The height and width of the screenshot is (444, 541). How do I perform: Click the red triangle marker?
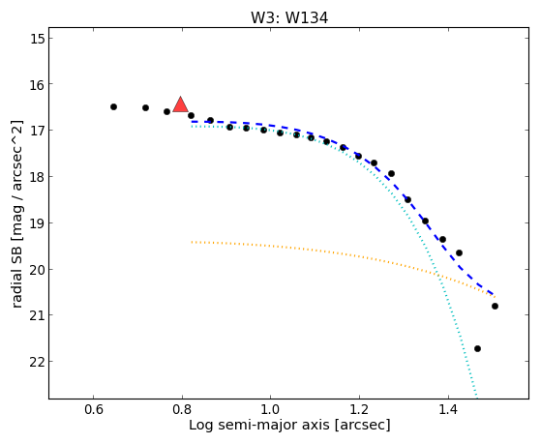pyautogui.click(x=180, y=104)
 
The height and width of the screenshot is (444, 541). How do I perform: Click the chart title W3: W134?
pyautogui.click(x=289, y=18)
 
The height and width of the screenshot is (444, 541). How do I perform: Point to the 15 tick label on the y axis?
pyautogui.click(x=38, y=38)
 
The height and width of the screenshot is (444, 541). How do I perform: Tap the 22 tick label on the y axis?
pyautogui.click(x=37, y=362)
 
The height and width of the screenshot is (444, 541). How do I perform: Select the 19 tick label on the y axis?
pyautogui.click(x=38, y=222)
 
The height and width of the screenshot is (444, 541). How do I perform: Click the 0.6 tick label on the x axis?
pyautogui.click(x=94, y=410)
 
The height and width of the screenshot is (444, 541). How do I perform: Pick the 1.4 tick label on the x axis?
pyautogui.click(x=448, y=410)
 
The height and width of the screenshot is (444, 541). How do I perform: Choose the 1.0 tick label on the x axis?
pyautogui.click(x=271, y=410)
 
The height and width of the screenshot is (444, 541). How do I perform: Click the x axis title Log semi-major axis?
pyautogui.click(x=259, y=426)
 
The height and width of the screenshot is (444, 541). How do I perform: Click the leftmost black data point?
pyautogui.click(x=113, y=107)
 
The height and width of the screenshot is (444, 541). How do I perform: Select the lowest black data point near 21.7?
pyautogui.click(x=477, y=349)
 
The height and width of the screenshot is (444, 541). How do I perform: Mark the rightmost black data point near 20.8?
pyautogui.click(x=495, y=306)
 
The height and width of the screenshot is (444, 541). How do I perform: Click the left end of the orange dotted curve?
pyautogui.click(x=193, y=242)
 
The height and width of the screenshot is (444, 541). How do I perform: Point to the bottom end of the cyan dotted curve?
pyautogui.click(x=476, y=398)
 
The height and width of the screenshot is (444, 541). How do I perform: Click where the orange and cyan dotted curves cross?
pyautogui.click(x=437, y=275)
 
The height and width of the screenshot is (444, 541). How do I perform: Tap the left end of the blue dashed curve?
pyautogui.click(x=193, y=122)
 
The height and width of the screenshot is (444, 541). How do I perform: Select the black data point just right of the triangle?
pyautogui.click(x=191, y=115)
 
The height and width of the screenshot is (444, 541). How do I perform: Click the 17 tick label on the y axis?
pyautogui.click(x=38, y=130)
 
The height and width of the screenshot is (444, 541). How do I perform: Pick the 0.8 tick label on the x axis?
pyautogui.click(x=182, y=410)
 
